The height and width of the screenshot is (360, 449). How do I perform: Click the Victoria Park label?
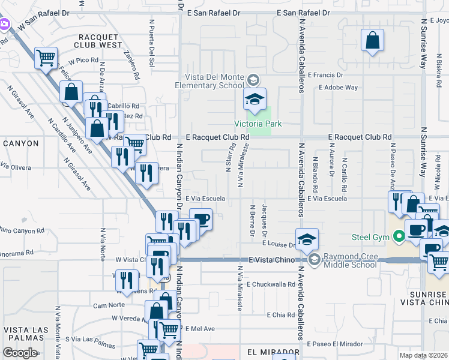pos(258,124)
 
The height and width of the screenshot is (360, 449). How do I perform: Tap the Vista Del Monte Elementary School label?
pos(209,82)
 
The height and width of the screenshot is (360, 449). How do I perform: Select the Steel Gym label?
pos(364,236)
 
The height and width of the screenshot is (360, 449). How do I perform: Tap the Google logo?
pos(20,353)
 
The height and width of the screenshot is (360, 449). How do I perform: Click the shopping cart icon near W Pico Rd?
pos(46,58)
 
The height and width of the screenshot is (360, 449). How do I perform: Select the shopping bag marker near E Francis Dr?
pos(372,41)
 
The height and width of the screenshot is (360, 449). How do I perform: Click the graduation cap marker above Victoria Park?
pos(255,99)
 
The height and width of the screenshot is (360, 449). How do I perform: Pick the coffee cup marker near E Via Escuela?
pos(201,220)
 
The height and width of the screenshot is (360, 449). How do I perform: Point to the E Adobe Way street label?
pos(339,88)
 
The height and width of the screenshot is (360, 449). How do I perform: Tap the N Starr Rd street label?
pos(229,158)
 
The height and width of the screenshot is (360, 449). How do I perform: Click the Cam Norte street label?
pos(109,305)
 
